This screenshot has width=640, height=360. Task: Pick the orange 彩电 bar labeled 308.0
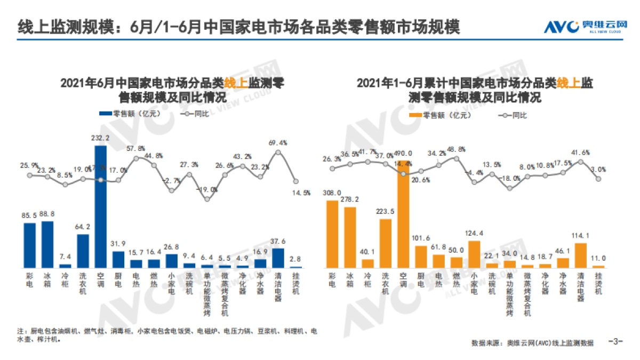point(332,234)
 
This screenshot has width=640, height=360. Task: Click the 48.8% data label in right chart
point(456,149)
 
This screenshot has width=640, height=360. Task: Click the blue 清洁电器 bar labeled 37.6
point(278,257)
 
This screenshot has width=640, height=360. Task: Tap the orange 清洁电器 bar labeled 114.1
point(581,255)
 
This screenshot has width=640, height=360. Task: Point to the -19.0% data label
point(207,189)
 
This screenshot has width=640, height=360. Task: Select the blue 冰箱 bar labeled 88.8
point(47,244)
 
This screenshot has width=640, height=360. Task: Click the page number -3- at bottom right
point(615,342)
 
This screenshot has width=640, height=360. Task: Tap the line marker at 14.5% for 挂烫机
point(295,181)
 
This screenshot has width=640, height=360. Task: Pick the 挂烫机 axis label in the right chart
point(598,283)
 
